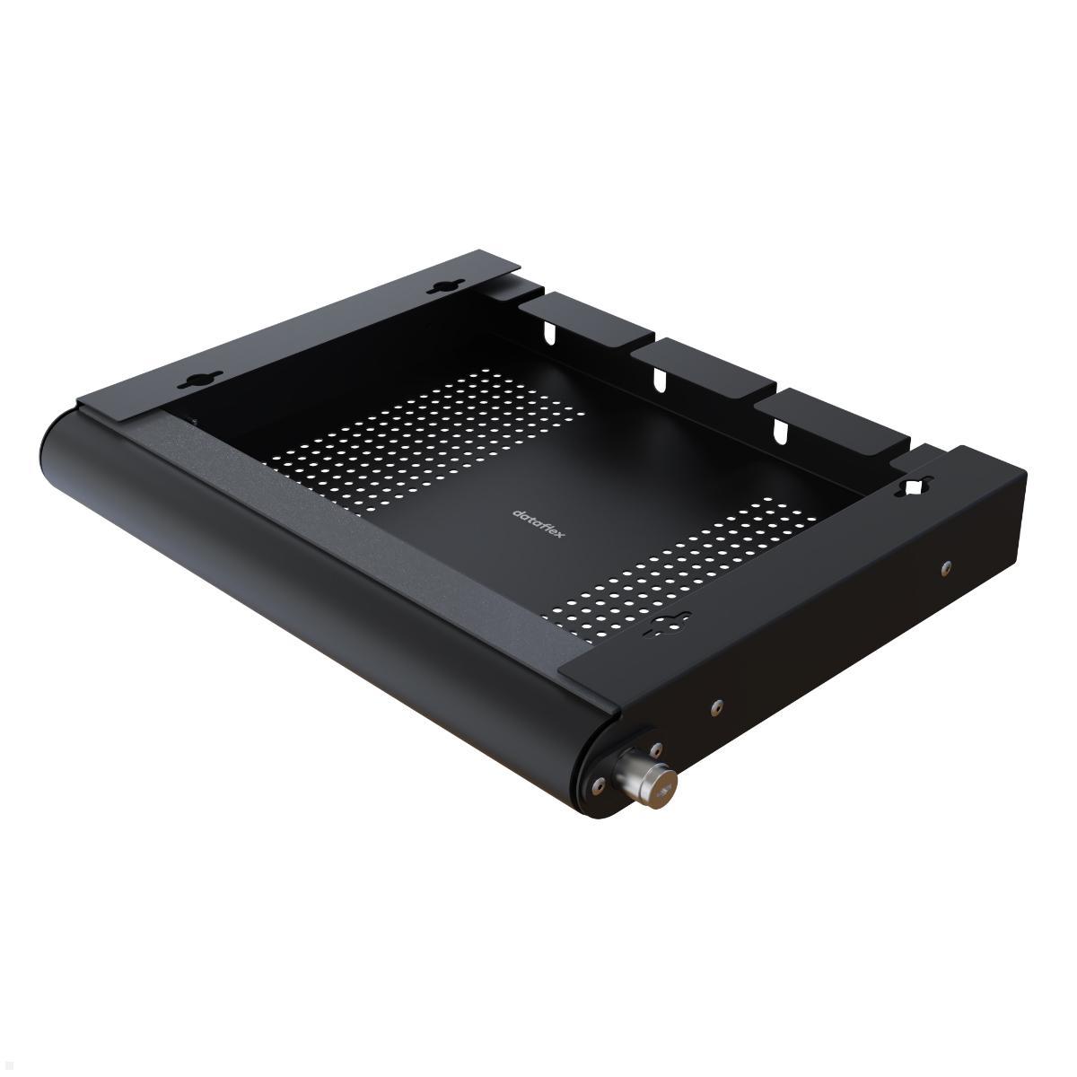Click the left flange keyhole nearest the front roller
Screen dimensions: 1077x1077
(x=192, y=381)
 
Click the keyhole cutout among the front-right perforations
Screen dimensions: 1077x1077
(x=665, y=625)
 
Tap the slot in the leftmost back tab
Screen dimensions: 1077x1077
(x=545, y=334)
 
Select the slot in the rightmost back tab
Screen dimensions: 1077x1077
(x=779, y=430)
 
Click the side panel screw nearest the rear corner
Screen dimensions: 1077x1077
(x=946, y=567)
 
